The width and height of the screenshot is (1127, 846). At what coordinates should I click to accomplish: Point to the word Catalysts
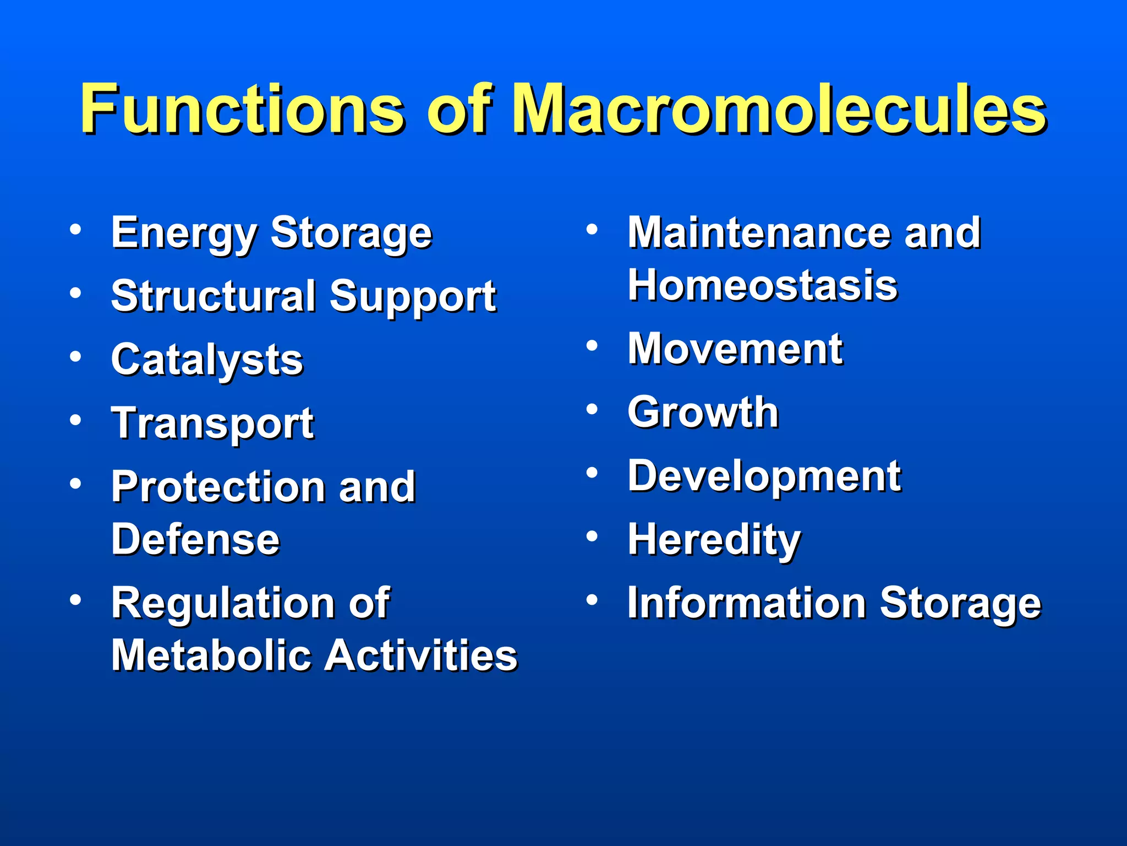click(207, 360)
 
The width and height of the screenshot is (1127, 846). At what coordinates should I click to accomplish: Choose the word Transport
click(212, 424)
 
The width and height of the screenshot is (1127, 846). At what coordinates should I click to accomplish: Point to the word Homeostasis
click(763, 285)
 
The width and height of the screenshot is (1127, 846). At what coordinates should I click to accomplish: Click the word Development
click(764, 476)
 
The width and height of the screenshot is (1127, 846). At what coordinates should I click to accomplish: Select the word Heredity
click(714, 540)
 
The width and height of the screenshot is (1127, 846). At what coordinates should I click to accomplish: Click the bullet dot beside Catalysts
click(76, 357)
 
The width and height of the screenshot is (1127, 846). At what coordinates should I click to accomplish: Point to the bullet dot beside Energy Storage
click(76, 229)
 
